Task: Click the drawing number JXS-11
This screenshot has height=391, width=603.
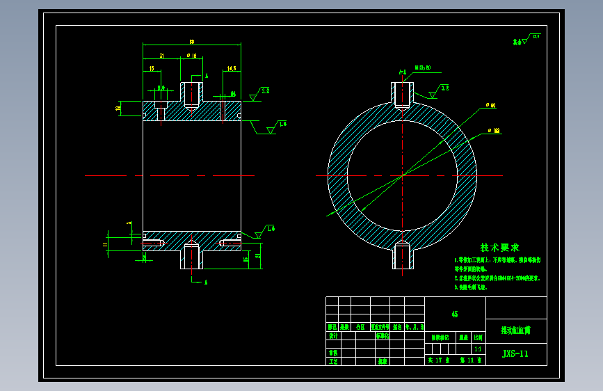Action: coord(515,353)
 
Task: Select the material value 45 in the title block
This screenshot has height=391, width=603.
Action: coord(455,314)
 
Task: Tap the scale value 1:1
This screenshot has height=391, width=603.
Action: coord(477,349)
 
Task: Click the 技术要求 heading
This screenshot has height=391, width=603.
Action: coord(499,248)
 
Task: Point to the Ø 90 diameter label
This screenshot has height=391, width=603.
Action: coord(491,106)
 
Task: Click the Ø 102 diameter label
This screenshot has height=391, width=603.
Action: coord(494,130)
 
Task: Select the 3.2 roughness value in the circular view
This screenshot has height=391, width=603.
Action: coord(445,88)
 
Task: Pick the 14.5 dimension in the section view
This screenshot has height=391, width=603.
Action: coord(231,69)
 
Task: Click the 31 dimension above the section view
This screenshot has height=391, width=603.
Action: coord(161,55)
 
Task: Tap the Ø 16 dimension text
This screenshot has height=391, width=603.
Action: coord(191,55)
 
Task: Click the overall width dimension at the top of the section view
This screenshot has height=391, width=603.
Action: coord(191,42)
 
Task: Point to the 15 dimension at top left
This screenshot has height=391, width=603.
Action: coord(152,69)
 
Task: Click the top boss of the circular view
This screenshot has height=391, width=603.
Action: coord(401,95)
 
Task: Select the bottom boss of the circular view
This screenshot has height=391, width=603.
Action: coord(401,257)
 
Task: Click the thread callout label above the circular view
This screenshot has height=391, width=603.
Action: coord(423,67)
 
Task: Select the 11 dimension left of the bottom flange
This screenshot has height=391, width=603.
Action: coord(105,245)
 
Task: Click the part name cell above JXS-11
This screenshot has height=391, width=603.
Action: coord(515,330)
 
